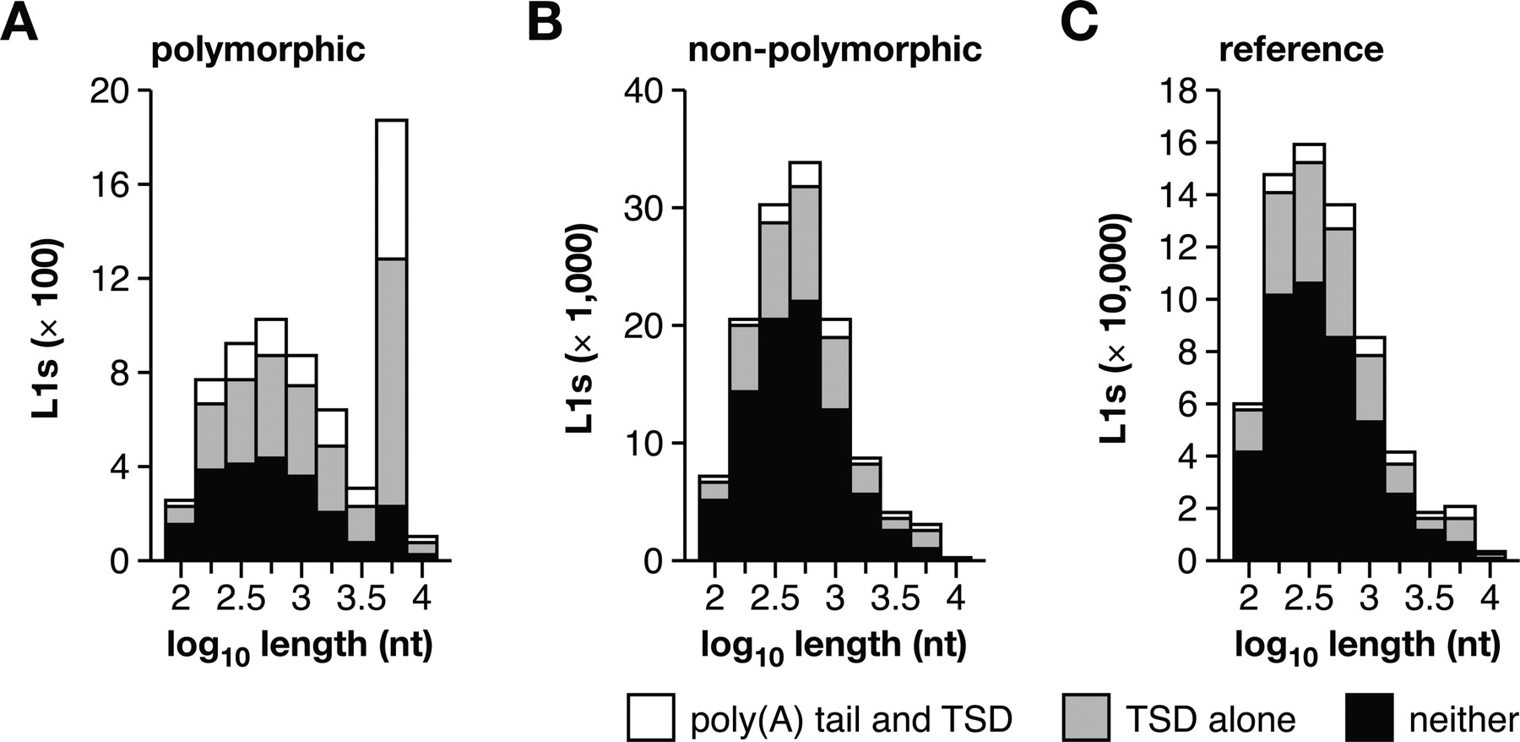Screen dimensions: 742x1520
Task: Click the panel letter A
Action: [x=19, y=23]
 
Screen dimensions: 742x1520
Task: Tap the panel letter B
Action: [x=545, y=23]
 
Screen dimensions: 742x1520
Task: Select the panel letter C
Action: [x=1079, y=23]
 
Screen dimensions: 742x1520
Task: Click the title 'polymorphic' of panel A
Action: [x=258, y=50]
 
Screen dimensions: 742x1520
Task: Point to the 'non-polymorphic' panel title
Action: [x=834, y=50]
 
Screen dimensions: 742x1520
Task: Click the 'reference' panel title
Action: [x=1301, y=50]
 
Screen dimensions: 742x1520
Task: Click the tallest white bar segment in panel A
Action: [x=392, y=189]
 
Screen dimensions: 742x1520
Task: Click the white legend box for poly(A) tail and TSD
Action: [x=651, y=717]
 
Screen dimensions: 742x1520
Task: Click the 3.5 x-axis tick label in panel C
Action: [x=1429, y=598]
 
